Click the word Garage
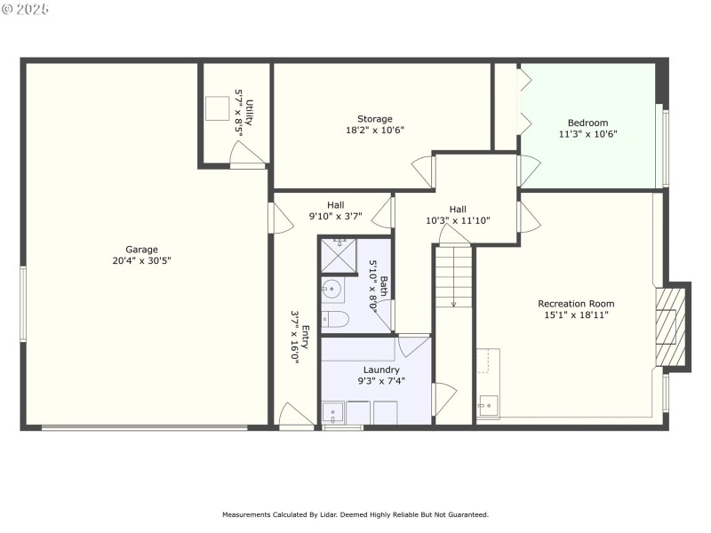pyautogui.click(x=141, y=250)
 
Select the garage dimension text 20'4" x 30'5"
pyautogui.click(x=141, y=261)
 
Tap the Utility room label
pyautogui.click(x=251, y=112)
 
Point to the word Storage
pyautogui.click(x=374, y=119)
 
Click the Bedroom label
pyautogui.click(x=587, y=123)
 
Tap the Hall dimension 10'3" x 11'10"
pyautogui.click(x=458, y=220)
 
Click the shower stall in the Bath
pyautogui.click(x=338, y=256)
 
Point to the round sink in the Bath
pyautogui.click(x=332, y=289)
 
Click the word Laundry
pyautogui.click(x=381, y=370)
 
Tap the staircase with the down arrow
pyautogui.click(x=453, y=277)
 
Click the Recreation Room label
pyautogui.click(x=576, y=304)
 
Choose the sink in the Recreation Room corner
pyautogui.click(x=488, y=406)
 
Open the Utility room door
pyautogui.click(x=247, y=157)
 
